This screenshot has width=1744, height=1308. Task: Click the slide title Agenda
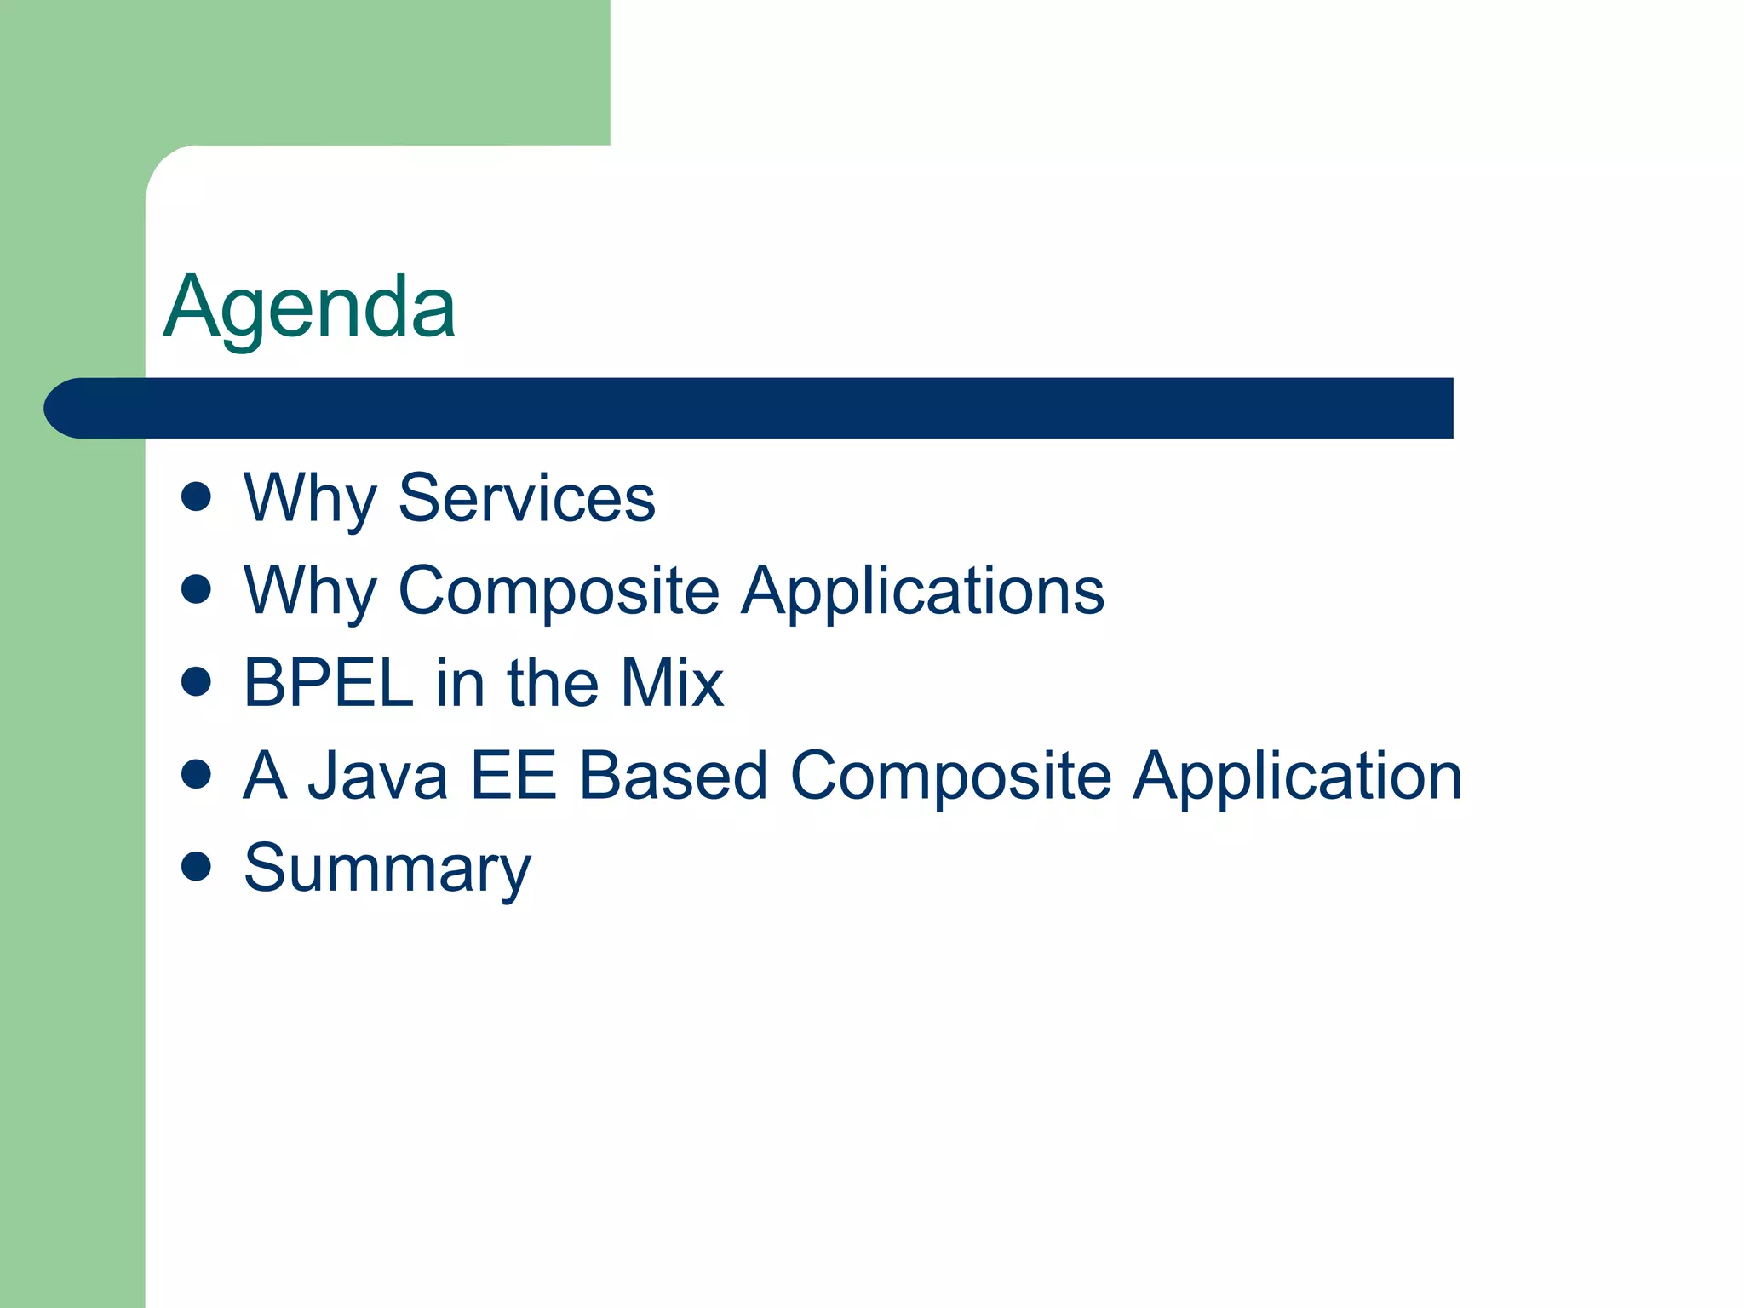coord(309,308)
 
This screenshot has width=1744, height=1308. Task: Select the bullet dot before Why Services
coord(196,496)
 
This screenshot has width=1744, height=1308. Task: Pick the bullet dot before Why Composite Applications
coord(196,588)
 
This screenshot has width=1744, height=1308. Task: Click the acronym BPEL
coord(329,683)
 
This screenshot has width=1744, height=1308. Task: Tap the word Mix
coord(671,683)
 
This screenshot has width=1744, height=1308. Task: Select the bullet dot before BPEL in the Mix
coord(196,681)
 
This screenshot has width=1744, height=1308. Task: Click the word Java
coord(377,776)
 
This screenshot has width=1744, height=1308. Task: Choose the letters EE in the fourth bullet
coord(513,776)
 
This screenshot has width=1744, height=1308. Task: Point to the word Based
coord(674,776)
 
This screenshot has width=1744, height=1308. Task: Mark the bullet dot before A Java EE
coord(196,774)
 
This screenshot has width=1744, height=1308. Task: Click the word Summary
coord(387,869)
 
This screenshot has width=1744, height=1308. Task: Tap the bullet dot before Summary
coord(196,867)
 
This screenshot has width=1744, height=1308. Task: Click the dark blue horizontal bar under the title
coord(766,408)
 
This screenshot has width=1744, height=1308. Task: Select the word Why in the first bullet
coord(309,499)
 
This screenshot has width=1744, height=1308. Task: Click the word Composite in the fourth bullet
coord(951,776)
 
